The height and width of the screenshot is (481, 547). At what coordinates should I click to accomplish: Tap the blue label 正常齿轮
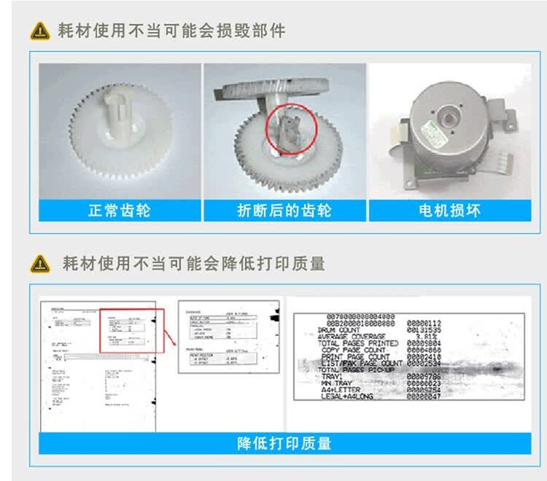120,211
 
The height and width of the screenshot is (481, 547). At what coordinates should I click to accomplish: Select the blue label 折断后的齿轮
284,211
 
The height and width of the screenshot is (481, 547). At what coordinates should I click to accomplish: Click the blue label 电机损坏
449,211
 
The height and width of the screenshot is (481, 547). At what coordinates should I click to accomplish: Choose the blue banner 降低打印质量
284,443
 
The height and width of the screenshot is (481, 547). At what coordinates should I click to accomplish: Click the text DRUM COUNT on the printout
339,329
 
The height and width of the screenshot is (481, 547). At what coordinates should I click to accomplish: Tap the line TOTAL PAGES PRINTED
357,343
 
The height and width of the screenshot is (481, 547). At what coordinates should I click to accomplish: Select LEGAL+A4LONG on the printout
352,396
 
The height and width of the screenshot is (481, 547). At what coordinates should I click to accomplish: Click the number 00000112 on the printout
424,323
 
